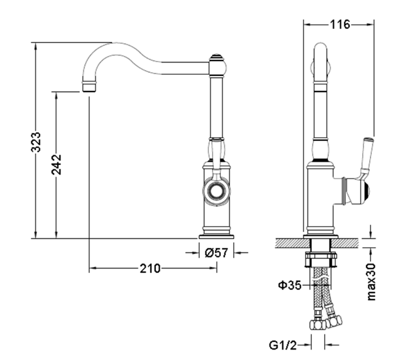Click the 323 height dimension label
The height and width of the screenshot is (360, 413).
click(37, 142)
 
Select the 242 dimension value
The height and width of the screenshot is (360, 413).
click(56, 165)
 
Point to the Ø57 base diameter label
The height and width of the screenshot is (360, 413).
click(216, 253)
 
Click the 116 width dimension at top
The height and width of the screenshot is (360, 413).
click(340, 25)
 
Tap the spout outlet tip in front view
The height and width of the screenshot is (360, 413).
click(89, 86)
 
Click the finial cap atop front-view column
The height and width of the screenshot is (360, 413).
click(217, 62)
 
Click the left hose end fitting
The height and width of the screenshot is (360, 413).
click(316, 325)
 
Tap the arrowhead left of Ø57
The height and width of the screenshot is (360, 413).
click(197, 253)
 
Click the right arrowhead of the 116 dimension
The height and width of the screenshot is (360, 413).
click(372, 25)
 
